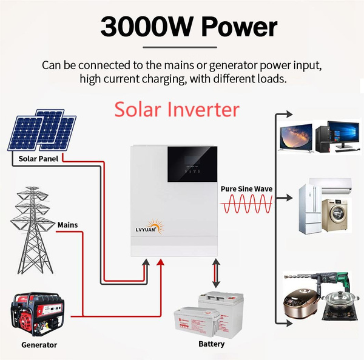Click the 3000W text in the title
click(141, 27)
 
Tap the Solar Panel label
click(36, 159)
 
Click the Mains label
click(67, 225)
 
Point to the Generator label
click(39, 345)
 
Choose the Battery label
click(211, 344)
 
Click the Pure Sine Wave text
click(246, 189)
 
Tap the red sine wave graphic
click(246, 205)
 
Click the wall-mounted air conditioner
click(332, 184)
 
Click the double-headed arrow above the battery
click(215, 274)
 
